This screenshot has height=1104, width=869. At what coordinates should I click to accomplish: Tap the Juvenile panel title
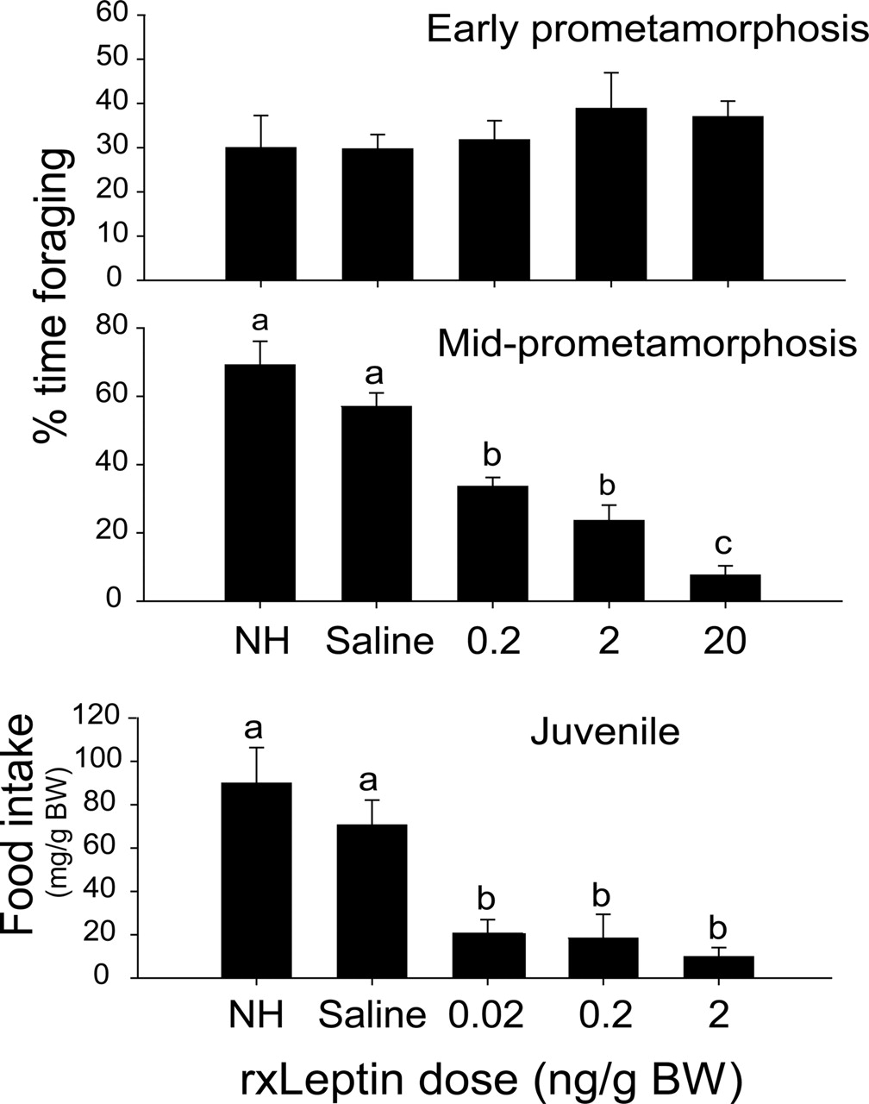604,732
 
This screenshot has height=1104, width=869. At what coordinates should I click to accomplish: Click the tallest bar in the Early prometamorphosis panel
611,194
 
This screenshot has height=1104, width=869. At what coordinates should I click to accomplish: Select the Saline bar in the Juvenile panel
372,900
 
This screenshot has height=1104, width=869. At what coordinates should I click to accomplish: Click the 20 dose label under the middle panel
725,642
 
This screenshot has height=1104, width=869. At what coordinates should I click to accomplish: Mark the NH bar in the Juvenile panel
256,880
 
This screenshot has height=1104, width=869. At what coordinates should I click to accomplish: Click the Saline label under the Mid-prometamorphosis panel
379,643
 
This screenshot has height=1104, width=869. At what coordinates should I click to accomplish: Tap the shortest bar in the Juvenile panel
717,967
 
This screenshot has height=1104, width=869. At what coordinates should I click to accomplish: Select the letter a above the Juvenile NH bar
253,729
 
